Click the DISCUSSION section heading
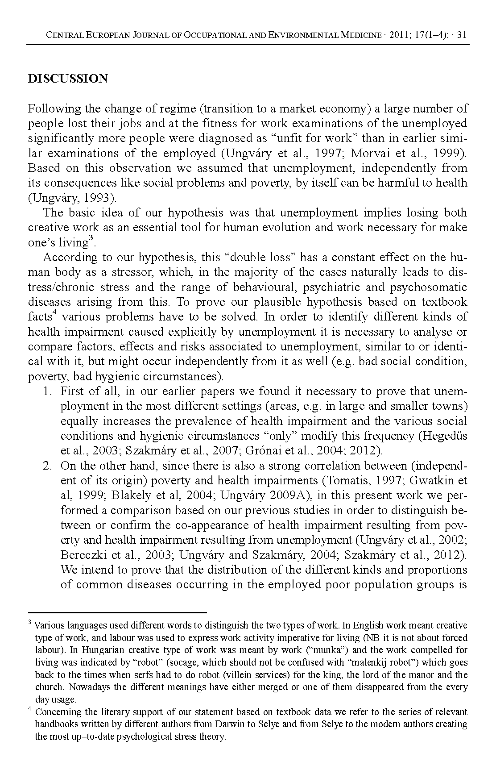[68, 79]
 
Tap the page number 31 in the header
[462, 35]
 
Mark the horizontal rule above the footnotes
[117, 613]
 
